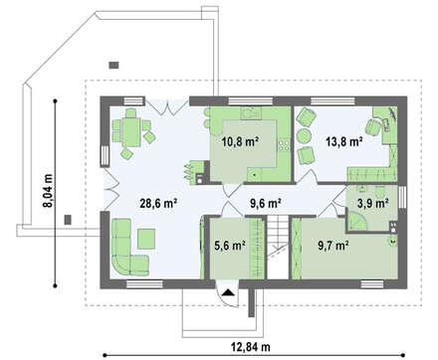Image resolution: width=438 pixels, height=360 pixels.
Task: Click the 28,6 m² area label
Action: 158,203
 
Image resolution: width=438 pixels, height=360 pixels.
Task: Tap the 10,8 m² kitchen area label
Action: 240,142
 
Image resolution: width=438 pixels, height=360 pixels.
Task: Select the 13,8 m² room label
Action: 343,142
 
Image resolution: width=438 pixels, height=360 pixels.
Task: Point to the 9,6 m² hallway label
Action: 266,203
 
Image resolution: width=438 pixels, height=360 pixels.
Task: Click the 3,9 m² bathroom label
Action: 373,203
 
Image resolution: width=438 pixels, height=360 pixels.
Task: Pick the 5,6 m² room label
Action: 230,246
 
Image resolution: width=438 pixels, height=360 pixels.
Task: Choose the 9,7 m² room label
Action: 333,246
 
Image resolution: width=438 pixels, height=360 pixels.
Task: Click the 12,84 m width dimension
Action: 251,347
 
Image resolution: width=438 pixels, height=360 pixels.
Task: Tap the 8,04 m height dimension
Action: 49,191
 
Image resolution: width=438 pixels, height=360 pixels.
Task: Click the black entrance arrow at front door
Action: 228,292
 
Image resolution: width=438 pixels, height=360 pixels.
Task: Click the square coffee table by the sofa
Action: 146,239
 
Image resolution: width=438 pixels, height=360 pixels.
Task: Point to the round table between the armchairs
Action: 304,136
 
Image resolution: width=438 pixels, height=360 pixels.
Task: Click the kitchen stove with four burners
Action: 284,144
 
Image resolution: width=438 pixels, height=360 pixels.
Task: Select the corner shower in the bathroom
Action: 357,221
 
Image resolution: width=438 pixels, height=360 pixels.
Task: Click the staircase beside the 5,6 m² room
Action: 278,248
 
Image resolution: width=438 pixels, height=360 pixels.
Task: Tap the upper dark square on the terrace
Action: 113,65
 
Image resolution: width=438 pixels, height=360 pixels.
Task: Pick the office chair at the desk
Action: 373,127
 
